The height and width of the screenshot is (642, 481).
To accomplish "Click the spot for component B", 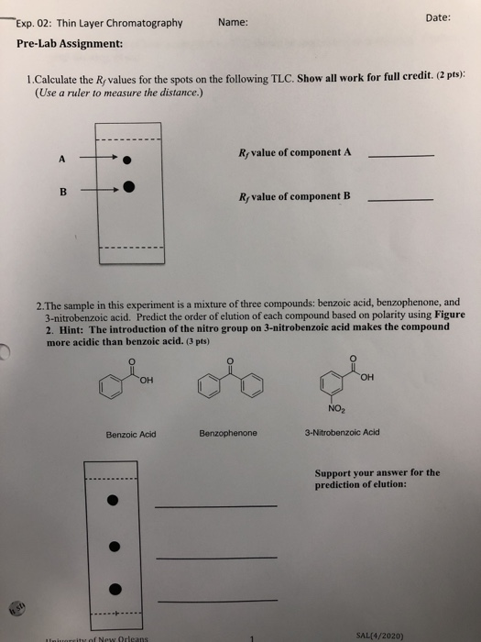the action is click(x=129, y=191).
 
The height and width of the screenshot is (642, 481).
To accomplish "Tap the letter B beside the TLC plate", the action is click(x=63, y=192).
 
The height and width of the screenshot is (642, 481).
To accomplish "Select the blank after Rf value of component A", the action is click(x=399, y=156).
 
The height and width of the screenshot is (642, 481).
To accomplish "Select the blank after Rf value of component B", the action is click(x=399, y=199).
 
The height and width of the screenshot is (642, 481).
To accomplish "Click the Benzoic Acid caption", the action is click(x=131, y=434).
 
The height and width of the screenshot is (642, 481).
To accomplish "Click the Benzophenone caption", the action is click(x=228, y=432).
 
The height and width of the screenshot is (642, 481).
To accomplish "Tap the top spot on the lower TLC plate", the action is click(x=114, y=500).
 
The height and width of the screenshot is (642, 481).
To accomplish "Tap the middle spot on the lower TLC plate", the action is click(x=114, y=547).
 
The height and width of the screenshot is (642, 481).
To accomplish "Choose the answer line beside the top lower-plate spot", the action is click(x=215, y=505).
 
